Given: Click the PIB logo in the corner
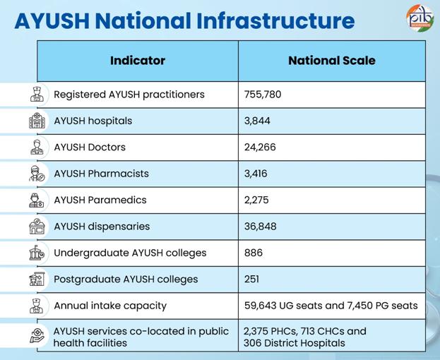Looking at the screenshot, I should [x=420, y=18].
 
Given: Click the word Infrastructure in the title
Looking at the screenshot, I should [x=278, y=20].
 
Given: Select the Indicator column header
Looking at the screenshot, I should [x=138, y=61].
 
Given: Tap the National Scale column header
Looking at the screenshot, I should [x=332, y=61].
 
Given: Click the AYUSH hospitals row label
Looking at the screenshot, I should [x=93, y=121].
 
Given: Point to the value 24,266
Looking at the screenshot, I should [x=260, y=148].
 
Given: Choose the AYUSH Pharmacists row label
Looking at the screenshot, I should [x=101, y=174].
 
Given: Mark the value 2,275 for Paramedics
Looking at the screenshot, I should [x=255, y=200].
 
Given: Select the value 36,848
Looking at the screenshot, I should [x=260, y=227].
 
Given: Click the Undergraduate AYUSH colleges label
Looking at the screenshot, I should [x=130, y=253].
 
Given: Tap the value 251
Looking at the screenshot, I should [x=251, y=279].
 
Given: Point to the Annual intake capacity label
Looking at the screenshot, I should [x=110, y=306].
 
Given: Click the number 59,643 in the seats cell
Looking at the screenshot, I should [x=263, y=306].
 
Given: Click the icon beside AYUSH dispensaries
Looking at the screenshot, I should [x=37, y=227].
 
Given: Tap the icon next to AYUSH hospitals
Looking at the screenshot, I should [x=37, y=121].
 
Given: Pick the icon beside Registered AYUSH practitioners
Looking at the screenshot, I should [x=37, y=95].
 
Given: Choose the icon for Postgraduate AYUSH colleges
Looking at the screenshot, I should [x=37, y=279].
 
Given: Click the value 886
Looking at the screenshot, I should [x=253, y=253].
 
